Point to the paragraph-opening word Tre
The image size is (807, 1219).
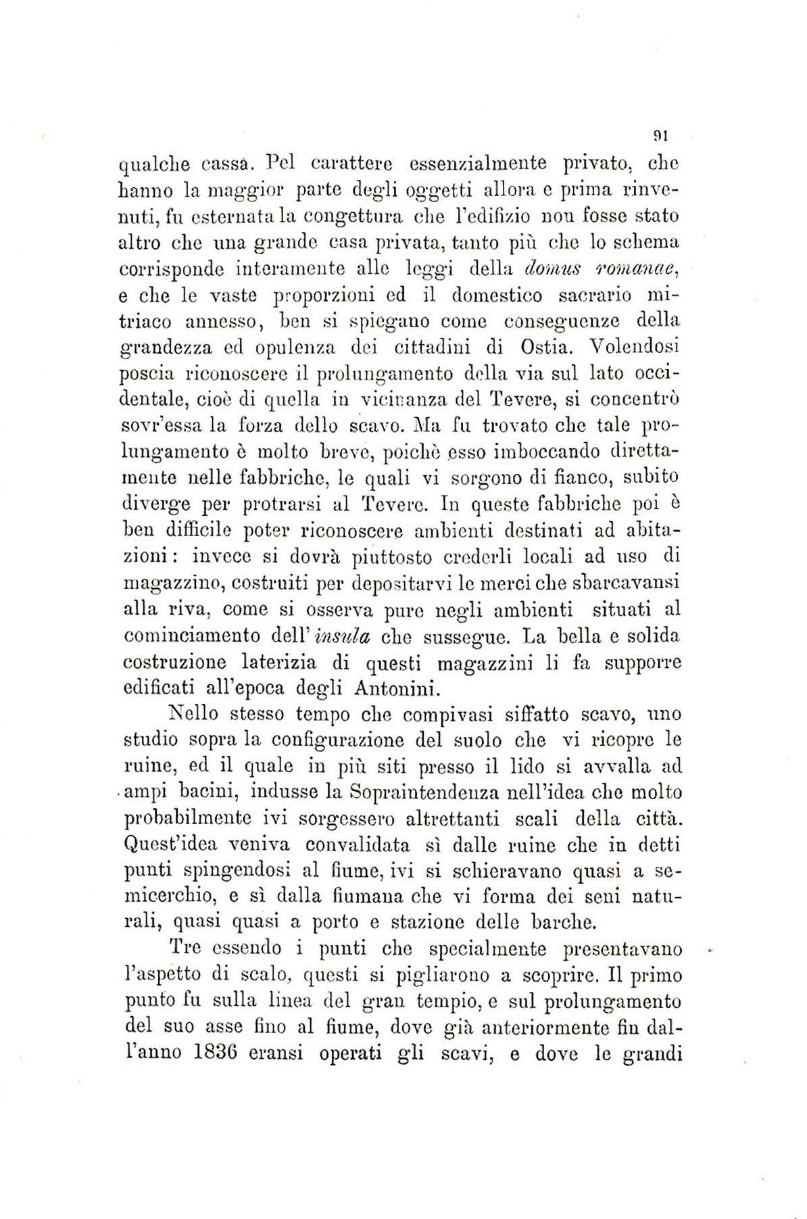pos(187,948)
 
